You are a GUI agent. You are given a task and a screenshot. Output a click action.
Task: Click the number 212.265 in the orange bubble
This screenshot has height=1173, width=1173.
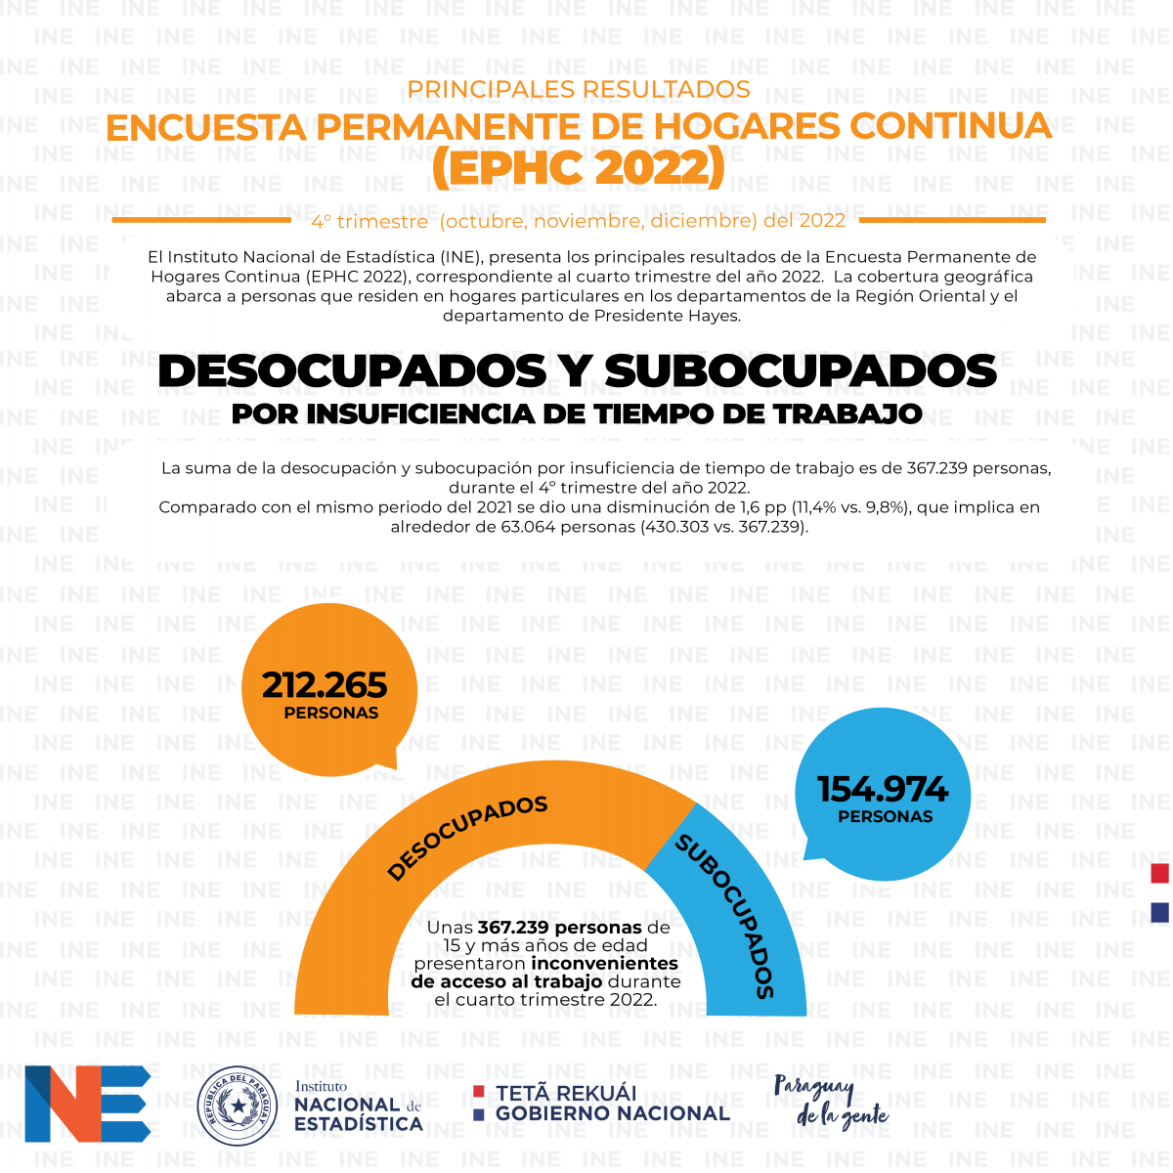(324, 685)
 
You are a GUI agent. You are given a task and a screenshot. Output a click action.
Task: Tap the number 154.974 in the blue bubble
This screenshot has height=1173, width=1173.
(883, 790)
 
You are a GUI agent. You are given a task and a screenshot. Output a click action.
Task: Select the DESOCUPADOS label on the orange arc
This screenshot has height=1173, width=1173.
(467, 837)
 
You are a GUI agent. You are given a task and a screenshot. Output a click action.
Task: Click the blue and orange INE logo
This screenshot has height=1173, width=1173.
(88, 1104)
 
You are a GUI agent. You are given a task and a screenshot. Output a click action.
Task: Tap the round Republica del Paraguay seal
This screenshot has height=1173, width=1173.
(238, 1106)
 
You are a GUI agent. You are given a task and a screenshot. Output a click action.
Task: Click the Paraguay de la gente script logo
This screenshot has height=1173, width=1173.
(831, 1103)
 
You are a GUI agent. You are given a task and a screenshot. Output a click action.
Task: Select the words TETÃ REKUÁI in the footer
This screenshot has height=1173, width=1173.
(566, 1093)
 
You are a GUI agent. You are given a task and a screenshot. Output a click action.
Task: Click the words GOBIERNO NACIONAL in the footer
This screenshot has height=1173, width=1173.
(613, 1113)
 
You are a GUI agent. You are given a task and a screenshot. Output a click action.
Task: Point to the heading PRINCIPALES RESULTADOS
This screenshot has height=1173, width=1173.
(579, 90)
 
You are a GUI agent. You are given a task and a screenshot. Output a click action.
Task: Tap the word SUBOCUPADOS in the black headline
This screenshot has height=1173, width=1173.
(800, 370)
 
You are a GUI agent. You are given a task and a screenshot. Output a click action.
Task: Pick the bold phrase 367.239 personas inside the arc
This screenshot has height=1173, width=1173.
(559, 928)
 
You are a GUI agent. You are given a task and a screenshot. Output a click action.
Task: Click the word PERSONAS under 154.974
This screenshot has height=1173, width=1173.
(885, 817)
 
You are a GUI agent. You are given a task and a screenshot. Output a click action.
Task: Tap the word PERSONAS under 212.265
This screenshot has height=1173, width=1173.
(331, 713)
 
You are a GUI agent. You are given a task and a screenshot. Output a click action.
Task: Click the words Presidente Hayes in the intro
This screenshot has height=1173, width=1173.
(668, 316)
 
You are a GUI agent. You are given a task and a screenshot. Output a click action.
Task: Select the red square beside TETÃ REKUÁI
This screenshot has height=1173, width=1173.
(478, 1091)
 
